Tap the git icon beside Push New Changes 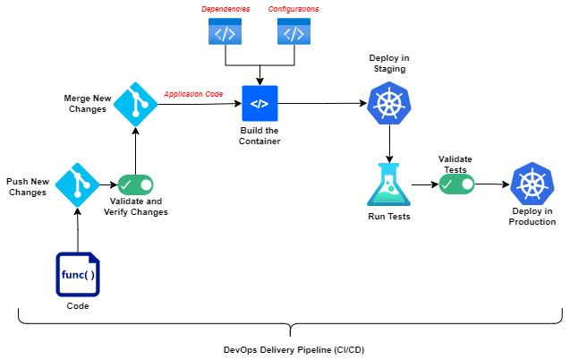pos(78,184)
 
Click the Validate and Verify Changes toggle pos(136,184)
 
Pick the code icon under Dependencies pos(225,33)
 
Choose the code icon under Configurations pos(294,33)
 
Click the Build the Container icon pos(259,104)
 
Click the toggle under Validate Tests pos(455,184)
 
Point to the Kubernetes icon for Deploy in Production pos(531,184)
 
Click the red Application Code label pos(192,93)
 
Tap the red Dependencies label pos(225,9)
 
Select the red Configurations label pos(294,9)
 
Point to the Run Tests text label pos(389,217)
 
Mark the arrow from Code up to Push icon pos(78,229)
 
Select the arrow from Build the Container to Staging pos(322,104)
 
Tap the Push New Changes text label pos(27,186)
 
